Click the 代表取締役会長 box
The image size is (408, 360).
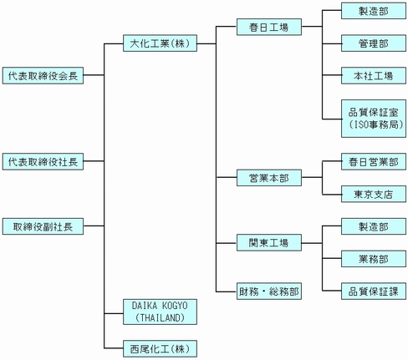click(x=41, y=74)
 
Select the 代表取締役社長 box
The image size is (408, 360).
click(x=41, y=160)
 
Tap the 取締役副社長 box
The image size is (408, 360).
click(x=41, y=225)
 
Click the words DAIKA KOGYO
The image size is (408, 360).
click(x=158, y=306)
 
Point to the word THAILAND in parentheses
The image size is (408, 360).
click(x=159, y=317)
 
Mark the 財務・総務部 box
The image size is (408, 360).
click(x=268, y=291)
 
